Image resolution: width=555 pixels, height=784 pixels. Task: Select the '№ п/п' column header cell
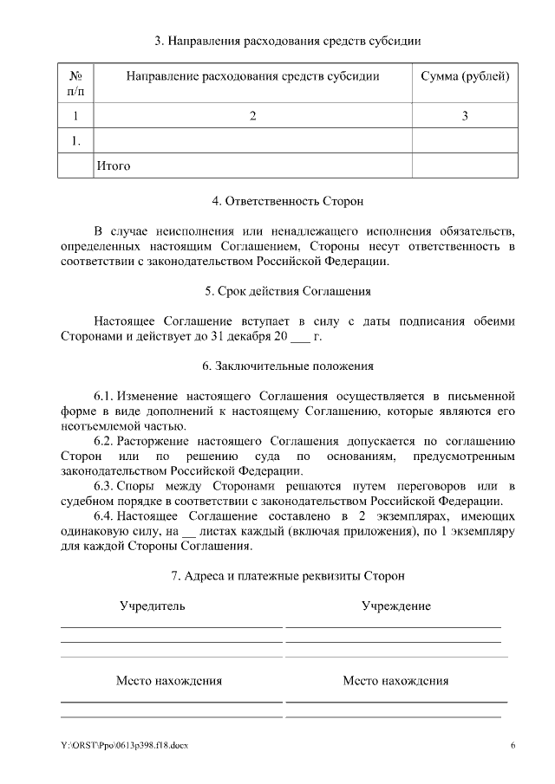click(75, 83)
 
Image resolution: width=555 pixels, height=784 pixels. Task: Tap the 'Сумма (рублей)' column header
click(465, 76)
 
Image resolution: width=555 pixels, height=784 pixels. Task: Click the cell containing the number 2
click(252, 116)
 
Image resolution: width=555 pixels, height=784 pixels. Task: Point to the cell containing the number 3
click(465, 116)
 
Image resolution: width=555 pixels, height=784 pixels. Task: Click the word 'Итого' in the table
click(114, 165)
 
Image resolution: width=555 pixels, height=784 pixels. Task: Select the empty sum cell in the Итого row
click(465, 165)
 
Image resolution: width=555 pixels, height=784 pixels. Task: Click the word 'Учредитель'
click(153, 606)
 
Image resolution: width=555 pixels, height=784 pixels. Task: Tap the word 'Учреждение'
click(396, 606)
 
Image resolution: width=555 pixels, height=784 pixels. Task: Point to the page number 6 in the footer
click(513, 745)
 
